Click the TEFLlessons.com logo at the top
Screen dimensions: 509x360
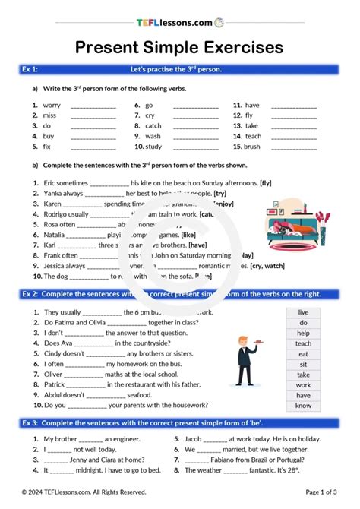coord(179,23)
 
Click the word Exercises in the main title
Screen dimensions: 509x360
coord(235,48)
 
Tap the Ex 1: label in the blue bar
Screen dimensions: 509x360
coord(31,69)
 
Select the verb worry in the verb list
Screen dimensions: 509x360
coord(52,105)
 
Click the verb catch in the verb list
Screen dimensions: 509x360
coord(153,125)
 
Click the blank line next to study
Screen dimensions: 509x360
coord(195,147)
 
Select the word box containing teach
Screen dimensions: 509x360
coord(303,343)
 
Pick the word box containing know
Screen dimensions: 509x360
coord(303,406)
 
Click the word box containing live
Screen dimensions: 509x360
coord(303,312)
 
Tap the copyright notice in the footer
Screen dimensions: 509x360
coord(84,492)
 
